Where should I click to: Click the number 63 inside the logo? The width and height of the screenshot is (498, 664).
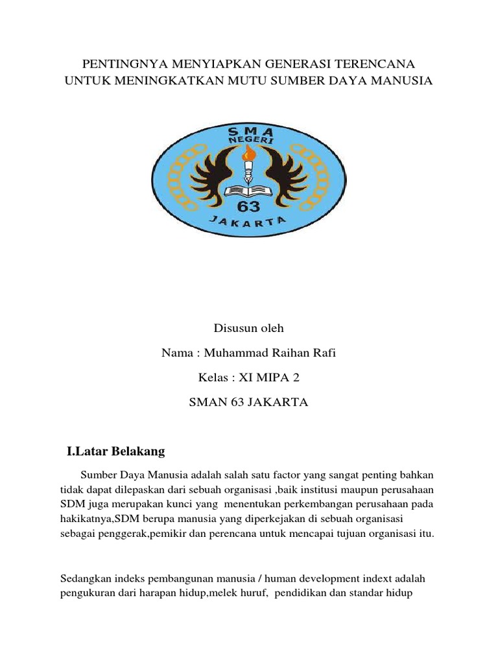point(249,206)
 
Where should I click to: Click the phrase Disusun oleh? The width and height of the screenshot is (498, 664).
point(248,328)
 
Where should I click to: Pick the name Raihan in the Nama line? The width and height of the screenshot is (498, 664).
point(292,353)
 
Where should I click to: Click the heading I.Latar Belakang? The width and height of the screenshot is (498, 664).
point(116,451)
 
